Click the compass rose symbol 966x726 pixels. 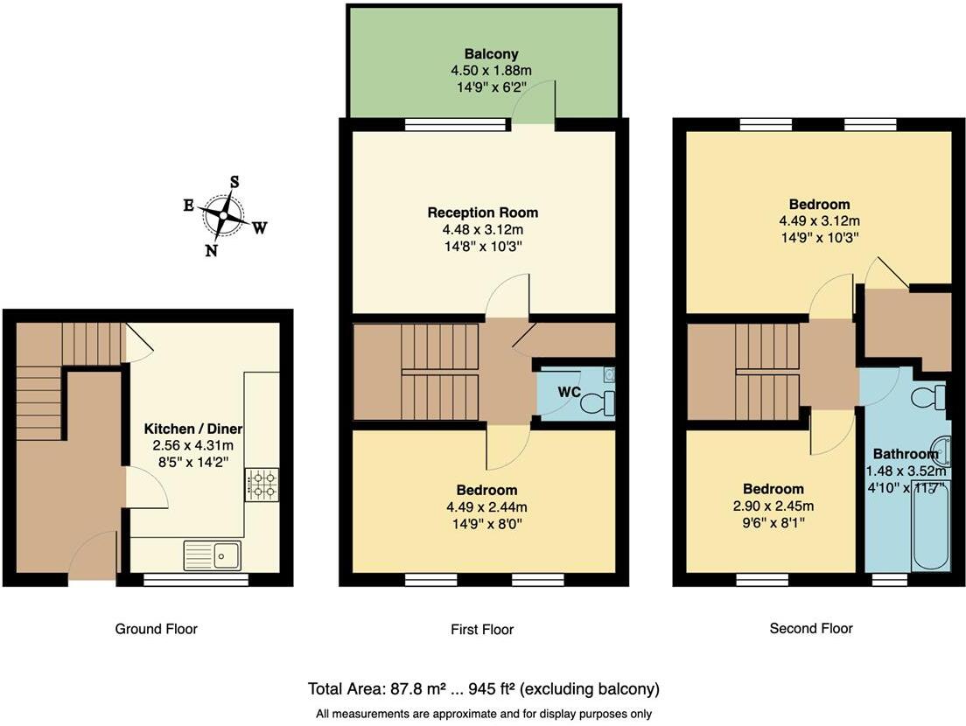coord(225,214)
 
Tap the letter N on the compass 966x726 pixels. coord(211,250)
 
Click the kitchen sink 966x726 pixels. coord(213,555)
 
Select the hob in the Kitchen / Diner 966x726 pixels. coord(262,484)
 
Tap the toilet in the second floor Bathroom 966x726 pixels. coord(928,398)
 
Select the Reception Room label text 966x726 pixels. coord(482,213)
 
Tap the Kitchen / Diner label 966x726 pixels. coord(192,429)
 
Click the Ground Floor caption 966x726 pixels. coord(156,628)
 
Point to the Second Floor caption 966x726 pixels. coord(810,628)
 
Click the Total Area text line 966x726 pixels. coord(483,688)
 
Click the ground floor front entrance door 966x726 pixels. coord(94,560)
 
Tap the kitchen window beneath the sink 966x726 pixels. coord(196,579)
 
